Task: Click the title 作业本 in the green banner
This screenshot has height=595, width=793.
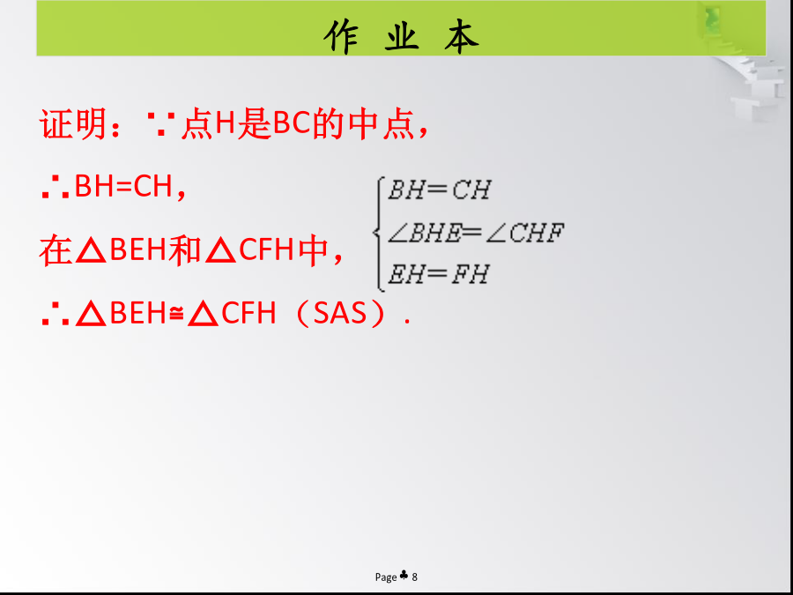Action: (401, 36)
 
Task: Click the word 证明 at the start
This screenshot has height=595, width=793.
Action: (73, 124)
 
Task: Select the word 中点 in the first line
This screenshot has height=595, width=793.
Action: (382, 124)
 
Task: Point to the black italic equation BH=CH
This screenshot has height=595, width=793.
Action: (439, 190)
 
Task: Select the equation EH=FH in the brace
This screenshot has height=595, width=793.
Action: (439, 274)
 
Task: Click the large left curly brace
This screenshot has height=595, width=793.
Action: (378, 234)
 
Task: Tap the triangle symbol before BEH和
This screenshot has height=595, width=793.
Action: (91, 251)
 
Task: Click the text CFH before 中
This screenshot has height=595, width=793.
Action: (266, 250)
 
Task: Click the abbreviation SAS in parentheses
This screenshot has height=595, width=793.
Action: (339, 314)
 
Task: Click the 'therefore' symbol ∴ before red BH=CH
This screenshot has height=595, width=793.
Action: (56, 188)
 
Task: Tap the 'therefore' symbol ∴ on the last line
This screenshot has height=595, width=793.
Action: (56, 314)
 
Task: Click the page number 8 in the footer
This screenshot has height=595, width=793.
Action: (415, 576)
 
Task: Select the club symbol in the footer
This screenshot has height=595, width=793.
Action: (404, 576)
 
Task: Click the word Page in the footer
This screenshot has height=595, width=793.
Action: (386, 577)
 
